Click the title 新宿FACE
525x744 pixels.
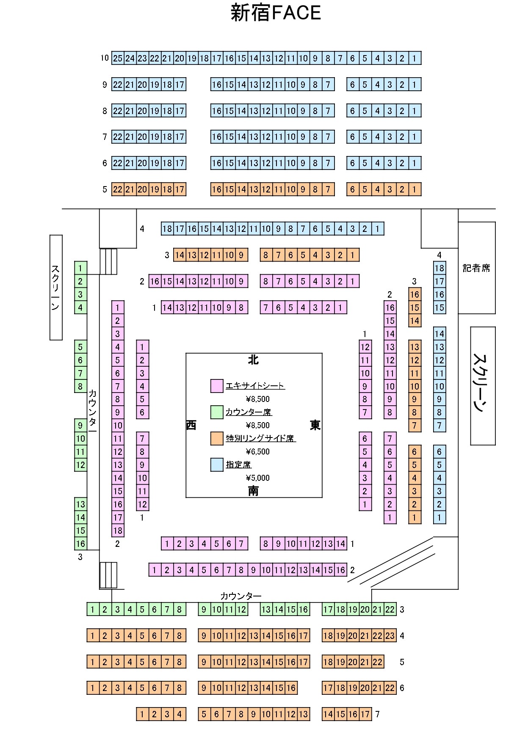coord(276,13)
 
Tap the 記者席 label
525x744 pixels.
coord(476,268)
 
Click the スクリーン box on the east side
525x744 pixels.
coord(483,385)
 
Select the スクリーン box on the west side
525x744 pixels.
coord(56,287)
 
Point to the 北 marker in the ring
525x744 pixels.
coord(253,360)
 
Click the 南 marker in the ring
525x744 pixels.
coord(253,491)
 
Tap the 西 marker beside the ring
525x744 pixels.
coord(191,425)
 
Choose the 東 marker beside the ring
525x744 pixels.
coord(315,425)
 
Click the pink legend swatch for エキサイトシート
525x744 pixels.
coord(217,386)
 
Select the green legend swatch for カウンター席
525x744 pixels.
coord(217,412)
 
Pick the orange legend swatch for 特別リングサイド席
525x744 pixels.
coord(217,438)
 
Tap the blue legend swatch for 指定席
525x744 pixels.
coord(217,465)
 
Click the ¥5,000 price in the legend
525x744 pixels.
coord(257,478)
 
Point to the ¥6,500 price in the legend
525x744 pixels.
coord(257,451)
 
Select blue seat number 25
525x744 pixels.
coord(118,58)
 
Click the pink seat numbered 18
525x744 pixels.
coord(118,530)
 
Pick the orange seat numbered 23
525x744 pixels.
coord(390,635)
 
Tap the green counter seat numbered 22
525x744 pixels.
coord(390,610)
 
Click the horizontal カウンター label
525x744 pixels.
coord(240,596)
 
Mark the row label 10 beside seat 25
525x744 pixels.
coord(105,58)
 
